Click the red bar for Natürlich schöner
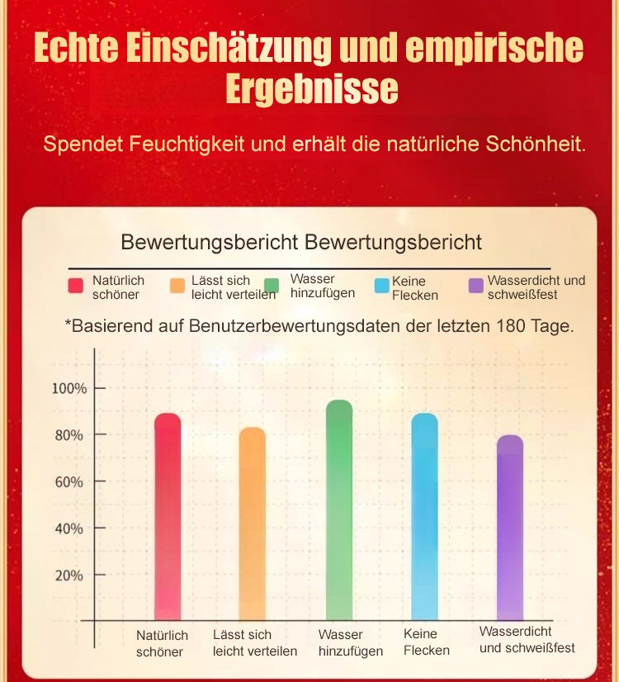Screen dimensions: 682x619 tap(168, 516)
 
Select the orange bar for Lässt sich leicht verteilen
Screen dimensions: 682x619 tap(253, 523)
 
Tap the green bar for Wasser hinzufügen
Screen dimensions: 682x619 tap(339, 509)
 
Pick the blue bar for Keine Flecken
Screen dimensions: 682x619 tap(424, 516)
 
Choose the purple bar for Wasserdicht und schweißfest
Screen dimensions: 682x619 tap(509, 527)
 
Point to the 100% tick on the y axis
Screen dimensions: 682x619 tap(67, 388)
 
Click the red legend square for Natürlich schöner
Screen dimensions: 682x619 tap(76, 286)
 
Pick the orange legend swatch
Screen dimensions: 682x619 tap(177, 286)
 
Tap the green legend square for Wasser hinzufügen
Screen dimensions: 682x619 tap(272, 286)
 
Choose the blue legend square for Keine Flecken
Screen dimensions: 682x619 tap(381, 286)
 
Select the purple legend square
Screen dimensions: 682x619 tap(475, 286)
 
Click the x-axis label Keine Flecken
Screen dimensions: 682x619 tap(427, 642)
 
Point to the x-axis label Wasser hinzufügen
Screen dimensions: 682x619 tap(350, 643)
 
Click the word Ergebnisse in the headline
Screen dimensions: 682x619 tap(311, 89)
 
